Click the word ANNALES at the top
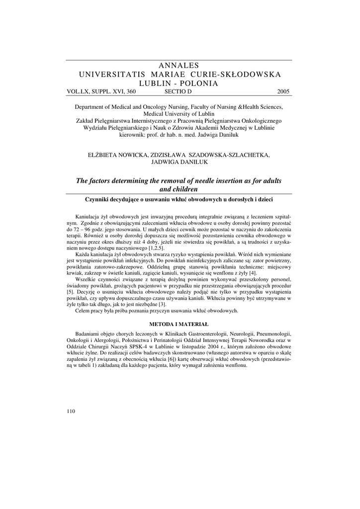coord(179,66)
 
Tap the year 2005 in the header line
coord(283,92)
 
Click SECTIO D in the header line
coord(178,92)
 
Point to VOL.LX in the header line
coord(78,92)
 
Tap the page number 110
coord(70,411)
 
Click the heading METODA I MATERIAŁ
coord(179,324)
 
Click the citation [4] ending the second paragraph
coord(253,273)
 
